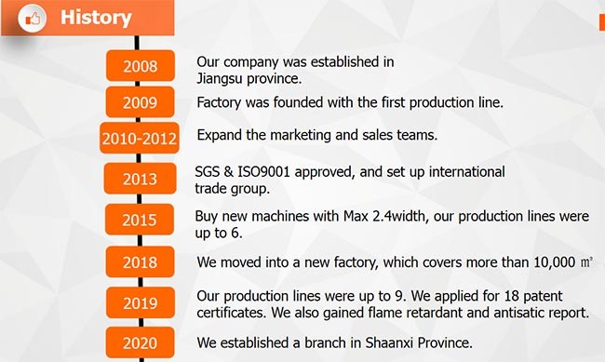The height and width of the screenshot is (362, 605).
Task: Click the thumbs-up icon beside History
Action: pyautogui.click(x=32, y=18)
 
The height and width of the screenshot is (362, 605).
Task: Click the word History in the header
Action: pyautogui.click(x=96, y=18)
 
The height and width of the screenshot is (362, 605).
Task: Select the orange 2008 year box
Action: pyautogui.click(x=141, y=66)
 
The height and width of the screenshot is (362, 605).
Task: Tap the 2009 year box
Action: pyautogui.click(x=140, y=102)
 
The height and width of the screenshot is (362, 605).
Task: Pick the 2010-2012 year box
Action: pyautogui.click(x=140, y=138)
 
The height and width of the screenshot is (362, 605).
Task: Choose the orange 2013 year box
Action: pyautogui.click(x=140, y=179)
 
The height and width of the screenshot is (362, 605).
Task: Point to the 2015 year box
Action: pyautogui.click(x=140, y=220)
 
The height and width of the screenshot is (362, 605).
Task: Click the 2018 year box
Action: pyautogui.click(x=140, y=262)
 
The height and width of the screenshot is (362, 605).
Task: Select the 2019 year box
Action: pyautogui.click(x=141, y=303)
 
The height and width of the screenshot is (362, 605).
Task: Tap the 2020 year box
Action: pyautogui.click(x=140, y=342)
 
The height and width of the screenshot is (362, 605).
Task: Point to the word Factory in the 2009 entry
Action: pyautogui.click(x=219, y=103)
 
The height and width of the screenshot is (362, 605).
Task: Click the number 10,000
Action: pyautogui.click(x=555, y=262)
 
